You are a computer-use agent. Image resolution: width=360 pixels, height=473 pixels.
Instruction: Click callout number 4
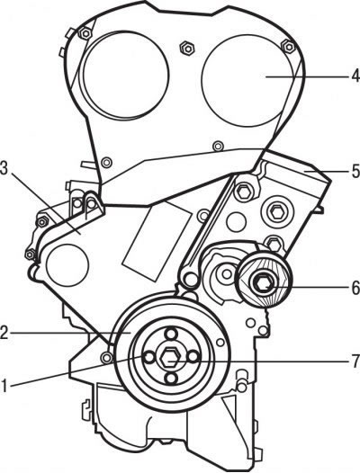(355, 76)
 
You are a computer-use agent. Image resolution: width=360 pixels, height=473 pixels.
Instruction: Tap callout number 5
(355, 171)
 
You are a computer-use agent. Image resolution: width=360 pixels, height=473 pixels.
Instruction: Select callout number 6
(355, 288)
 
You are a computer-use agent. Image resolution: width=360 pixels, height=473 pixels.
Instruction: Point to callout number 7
(355, 361)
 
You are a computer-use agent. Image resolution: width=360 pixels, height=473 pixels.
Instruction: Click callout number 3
(4, 169)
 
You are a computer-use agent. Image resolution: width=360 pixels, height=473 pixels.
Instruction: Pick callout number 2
(4, 333)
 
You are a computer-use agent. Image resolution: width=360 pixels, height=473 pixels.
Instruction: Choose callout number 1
(4, 386)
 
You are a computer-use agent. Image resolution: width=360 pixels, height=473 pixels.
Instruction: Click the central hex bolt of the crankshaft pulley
(169, 358)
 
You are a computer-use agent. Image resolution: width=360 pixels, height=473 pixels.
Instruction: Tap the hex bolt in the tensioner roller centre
(264, 283)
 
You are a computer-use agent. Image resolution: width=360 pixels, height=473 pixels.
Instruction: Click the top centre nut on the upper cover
(187, 48)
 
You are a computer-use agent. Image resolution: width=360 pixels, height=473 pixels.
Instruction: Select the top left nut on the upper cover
(85, 33)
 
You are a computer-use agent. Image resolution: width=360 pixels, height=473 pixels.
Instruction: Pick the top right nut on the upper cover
(288, 47)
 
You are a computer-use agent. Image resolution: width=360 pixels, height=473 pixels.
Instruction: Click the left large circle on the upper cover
(124, 75)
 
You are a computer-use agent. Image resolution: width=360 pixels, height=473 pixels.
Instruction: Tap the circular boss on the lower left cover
(67, 265)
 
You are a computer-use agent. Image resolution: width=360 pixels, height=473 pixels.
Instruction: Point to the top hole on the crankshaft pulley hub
(171, 335)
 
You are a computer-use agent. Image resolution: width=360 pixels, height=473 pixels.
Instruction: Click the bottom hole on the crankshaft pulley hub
(171, 378)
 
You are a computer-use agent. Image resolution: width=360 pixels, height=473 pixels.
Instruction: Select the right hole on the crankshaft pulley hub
(193, 357)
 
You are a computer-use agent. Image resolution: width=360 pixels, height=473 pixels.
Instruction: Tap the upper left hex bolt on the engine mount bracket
(243, 192)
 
